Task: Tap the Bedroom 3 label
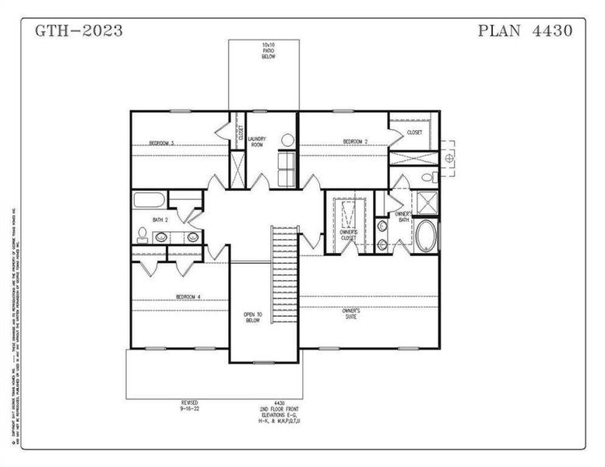click(x=161, y=143)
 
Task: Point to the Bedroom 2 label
click(x=355, y=142)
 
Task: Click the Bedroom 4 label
click(x=188, y=297)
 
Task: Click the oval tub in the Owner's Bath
click(x=426, y=237)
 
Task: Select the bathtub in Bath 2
click(x=149, y=200)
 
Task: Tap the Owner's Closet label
click(x=348, y=234)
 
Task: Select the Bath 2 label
click(x=160, y=220)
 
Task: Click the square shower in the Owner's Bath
click(x=427, y=203)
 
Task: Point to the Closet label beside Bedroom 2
click(x=414, y=132)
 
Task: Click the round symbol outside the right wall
click(x=448, y=158)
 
